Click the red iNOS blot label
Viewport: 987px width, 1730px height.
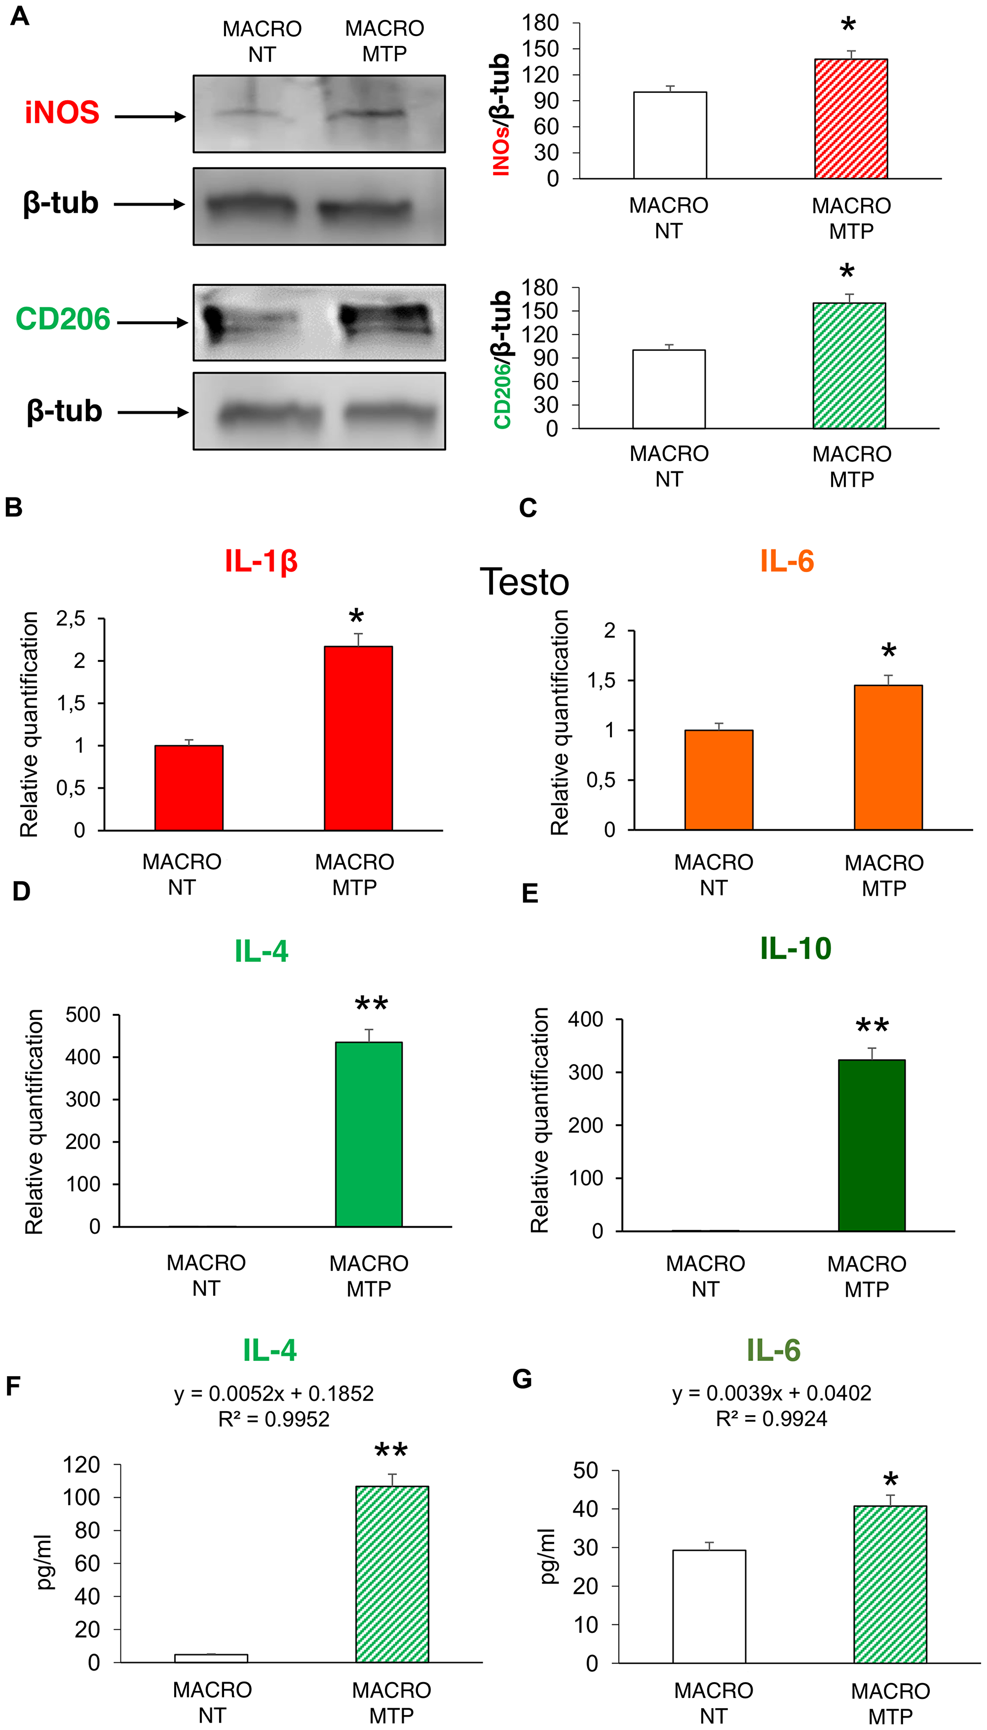62,113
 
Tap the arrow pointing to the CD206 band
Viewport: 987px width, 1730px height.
152,323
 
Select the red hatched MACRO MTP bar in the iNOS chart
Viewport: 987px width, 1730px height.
850,119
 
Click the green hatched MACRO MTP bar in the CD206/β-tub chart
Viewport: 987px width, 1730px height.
849,366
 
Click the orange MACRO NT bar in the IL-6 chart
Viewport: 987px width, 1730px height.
718,779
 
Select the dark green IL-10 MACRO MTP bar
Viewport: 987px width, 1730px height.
871,1145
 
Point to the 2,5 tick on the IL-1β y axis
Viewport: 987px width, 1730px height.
71,618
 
